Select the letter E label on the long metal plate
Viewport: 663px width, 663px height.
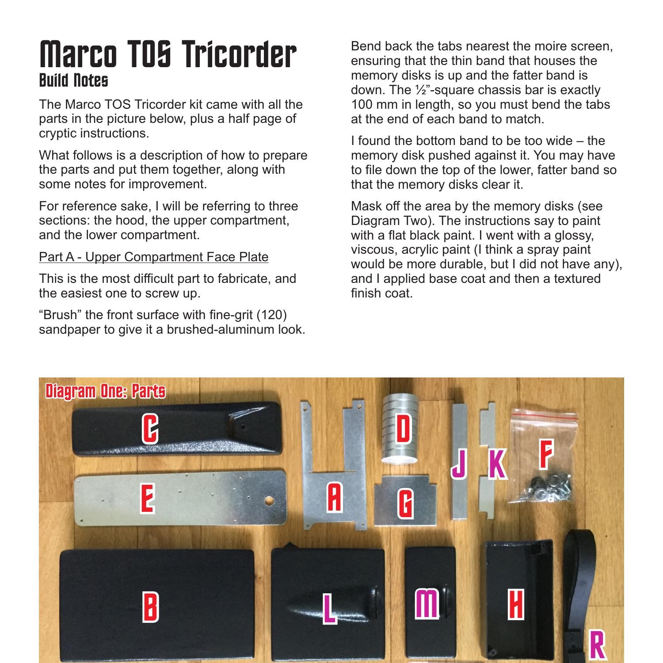[x=148, y=498]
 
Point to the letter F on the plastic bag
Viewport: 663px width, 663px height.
[x=546, y=456]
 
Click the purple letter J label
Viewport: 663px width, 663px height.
[x=460, y=464]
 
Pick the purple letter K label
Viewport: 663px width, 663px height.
[x=497, y=464]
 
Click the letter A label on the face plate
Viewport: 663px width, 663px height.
[x=334, y=497]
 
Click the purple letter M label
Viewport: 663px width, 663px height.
[x=427, y=604]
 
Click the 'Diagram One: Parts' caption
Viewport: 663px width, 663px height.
[x=105, y=391]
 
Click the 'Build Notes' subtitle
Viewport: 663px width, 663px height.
[x=73, y=80]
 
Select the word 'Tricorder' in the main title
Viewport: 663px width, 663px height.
[x=239, y=54]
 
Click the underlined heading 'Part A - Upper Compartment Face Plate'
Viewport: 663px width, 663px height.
[x=153, y=257]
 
